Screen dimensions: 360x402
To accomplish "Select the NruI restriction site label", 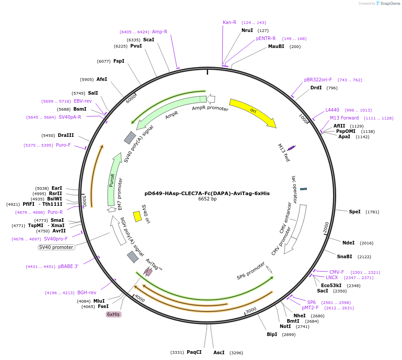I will (x=247, y=30).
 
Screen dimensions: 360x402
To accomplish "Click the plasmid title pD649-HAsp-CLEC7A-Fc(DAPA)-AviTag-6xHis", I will (x=207, y=193).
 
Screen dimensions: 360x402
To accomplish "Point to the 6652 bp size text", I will (x=207, y=199).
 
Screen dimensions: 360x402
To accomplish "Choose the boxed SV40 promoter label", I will (x=56, y=247).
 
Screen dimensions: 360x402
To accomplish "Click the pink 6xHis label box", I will (x=113, y=314).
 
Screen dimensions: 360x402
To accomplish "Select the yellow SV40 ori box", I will (x=137, y=216).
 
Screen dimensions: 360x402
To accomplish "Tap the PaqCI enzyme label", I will (x=194, y=352).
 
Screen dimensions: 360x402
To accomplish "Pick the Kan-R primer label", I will (x=229, y=22).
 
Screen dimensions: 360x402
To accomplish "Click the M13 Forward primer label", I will (x=344, y=118).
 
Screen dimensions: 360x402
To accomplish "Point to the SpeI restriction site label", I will (x=354, y=212).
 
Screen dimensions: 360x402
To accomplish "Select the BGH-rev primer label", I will (x=87, y=292).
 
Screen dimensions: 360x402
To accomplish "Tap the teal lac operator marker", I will (x=303, y=189).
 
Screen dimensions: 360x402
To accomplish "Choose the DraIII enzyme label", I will (x=65, y=135).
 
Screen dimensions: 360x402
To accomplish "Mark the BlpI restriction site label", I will (x=272, y=334).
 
